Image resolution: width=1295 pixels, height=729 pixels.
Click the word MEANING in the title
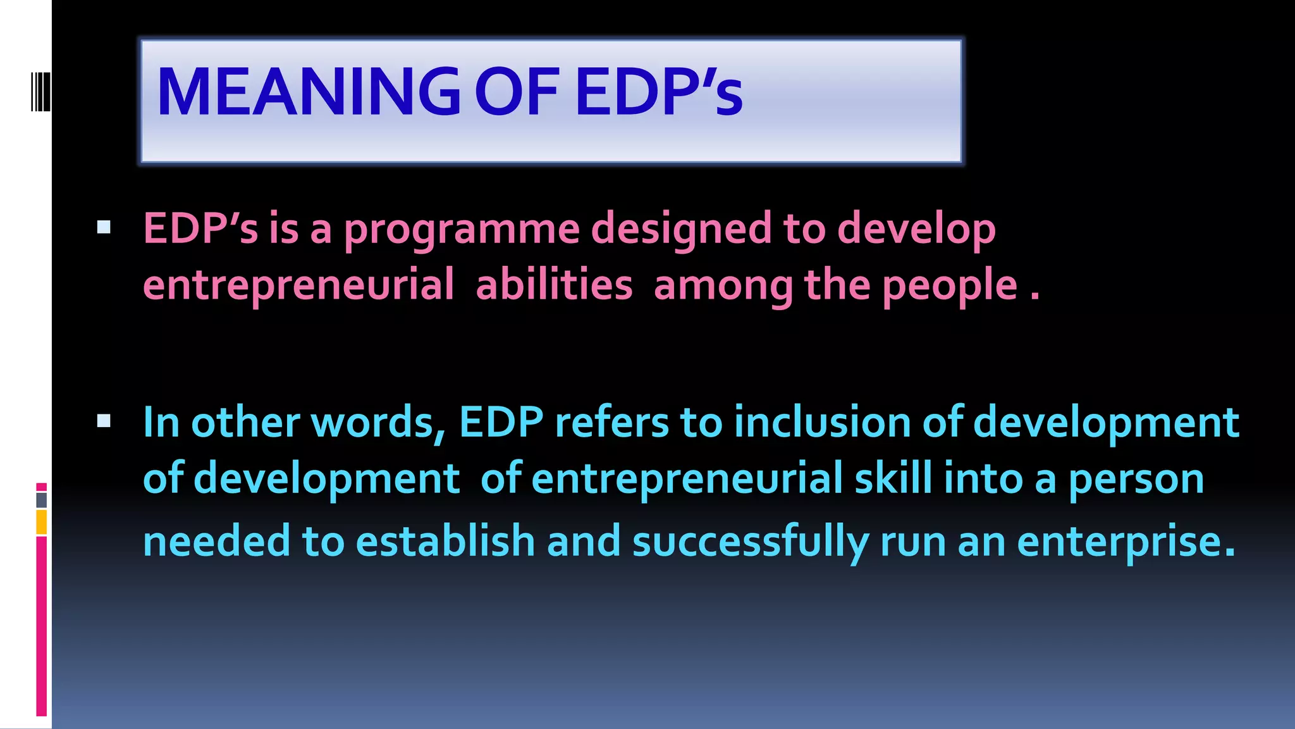(x=309, y=92)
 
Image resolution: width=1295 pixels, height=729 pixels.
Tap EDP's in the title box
(x=658, y=92)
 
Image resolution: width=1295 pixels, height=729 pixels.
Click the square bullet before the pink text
(x=104, y=227)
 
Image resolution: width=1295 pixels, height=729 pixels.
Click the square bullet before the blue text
(x=104, y=421)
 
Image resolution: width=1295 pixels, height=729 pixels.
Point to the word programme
(x=462, y=229)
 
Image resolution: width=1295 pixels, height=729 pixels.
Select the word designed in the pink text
(x=681, y=229)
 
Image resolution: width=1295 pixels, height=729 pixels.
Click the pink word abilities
(x=554, y=285)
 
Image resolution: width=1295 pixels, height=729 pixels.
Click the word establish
(x=445, y=542)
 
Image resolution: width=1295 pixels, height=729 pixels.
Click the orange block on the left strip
(x=41, y=523)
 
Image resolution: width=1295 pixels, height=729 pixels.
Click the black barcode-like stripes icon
(x=40, y=92)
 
